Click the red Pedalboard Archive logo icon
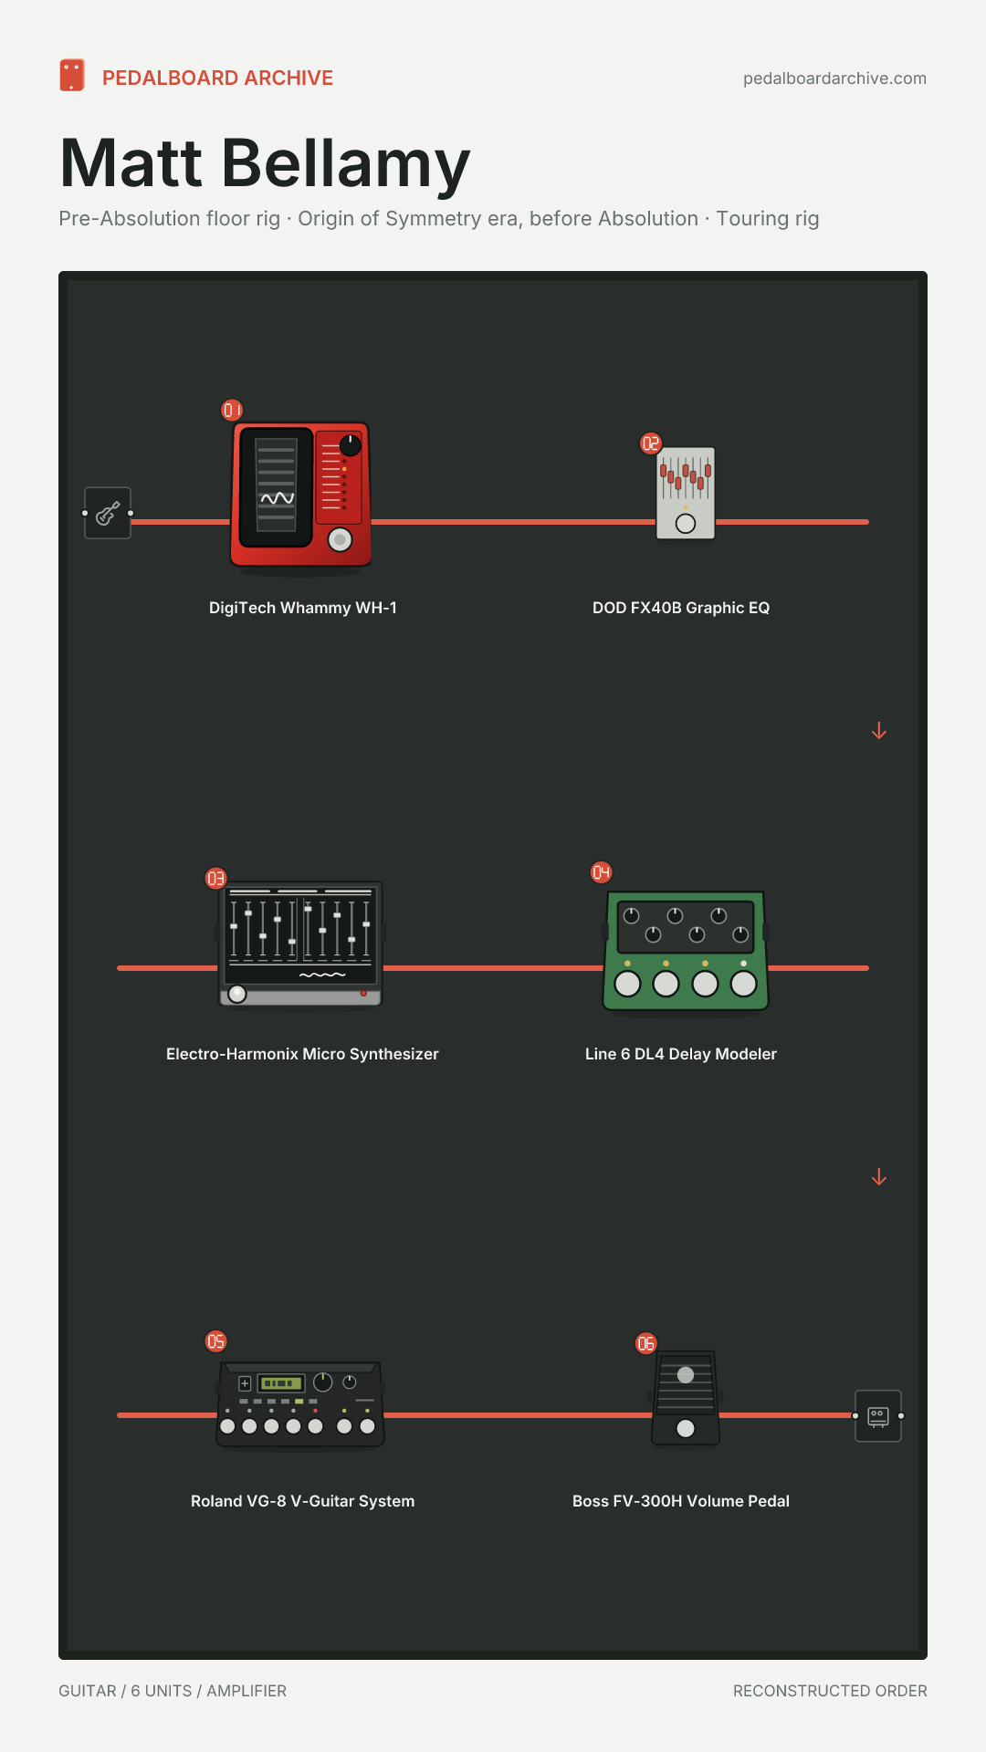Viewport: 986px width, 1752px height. click(x=72, y=76)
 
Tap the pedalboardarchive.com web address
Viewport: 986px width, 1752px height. click(x=834, y=78)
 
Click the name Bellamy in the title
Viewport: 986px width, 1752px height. click(x=345, y=164)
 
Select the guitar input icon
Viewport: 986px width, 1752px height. click(x=108, y=513)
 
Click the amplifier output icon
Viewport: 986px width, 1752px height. click(x=878, y=1416)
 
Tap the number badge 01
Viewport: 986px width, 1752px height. click(x=233, y=411)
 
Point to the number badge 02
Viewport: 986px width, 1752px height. click(x=651, y=443)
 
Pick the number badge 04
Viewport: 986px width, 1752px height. click(x=602, y=872)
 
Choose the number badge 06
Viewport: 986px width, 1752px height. click(x=646, y=1343)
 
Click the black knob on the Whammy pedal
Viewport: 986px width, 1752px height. click(x=351, y=445)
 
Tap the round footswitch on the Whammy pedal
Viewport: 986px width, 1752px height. click(x=340, y=539)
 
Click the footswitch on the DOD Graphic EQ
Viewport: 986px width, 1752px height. click(x=686, y=523)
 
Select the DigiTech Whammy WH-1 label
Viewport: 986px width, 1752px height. click(x=303, y=608)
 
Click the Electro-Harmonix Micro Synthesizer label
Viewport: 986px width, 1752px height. click(x=302, y=1054)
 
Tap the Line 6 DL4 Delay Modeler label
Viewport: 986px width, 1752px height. click(x=681, y=1054)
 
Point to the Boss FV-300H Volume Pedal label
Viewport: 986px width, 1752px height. click(x=681, y=1501)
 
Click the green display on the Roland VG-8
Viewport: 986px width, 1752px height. click(x=280, y=1383)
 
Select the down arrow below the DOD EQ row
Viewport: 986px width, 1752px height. click(x=879, y=731)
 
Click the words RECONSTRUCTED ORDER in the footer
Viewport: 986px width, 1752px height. click(x=830, y=1691)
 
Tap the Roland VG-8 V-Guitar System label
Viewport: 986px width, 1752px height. click(x=303, y=1501)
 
